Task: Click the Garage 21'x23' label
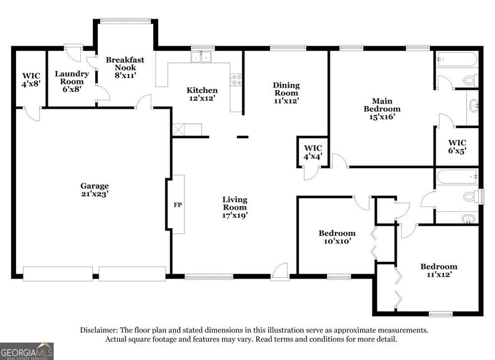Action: click(x=94, y=190)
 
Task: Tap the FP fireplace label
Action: click(x=177, y=205)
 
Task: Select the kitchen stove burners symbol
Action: click(x=236, y=80)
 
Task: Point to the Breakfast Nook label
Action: click(x=125, y=67)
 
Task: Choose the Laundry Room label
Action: click(x=72, y=81)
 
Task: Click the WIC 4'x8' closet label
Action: click(x=31, y=80)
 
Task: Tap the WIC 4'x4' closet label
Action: click(x=313, y=152)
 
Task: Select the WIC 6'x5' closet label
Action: click(x=457, y=146)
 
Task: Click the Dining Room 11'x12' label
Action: click(x=286, y=93)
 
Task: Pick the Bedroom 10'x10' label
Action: click(x=337, y=237)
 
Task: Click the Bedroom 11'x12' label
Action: click(x=438, y=270)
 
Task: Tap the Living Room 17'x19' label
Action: click(x=235, y=207)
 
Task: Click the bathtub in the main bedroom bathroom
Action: click(x=457, y=60)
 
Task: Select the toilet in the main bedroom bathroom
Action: click(x=470, y=80)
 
